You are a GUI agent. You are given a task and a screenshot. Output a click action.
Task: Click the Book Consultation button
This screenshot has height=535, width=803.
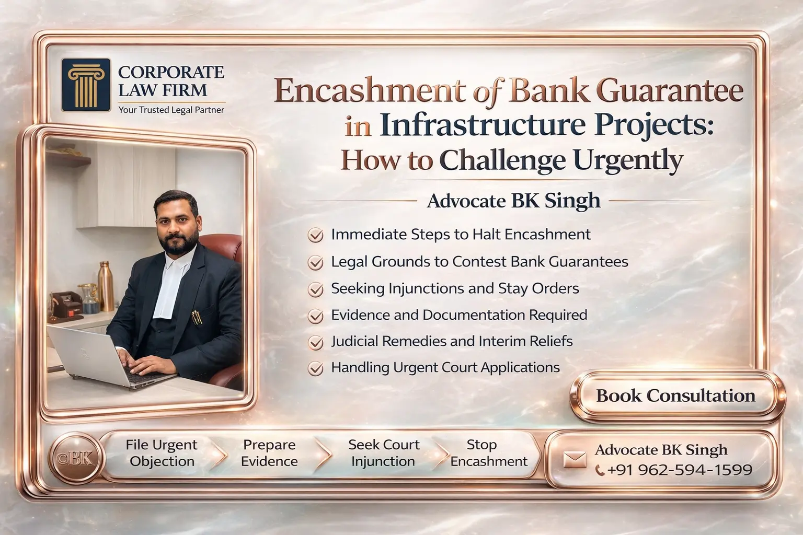(x=675, y=396)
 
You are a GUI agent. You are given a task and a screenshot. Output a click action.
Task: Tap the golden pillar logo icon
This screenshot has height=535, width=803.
(x=86, y=85)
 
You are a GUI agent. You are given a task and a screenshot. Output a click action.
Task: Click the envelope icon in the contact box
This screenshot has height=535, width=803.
(x=575, y=459)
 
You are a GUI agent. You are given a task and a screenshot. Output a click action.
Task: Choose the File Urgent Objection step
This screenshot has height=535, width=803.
(x=162, y=453)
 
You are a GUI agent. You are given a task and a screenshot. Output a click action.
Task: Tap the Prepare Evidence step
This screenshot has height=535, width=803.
(x=269, y=453)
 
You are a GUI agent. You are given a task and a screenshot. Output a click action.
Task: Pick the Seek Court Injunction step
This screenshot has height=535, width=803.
(x=383, y=453)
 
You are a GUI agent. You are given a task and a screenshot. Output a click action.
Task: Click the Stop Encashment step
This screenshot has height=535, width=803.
(x=488, y=453)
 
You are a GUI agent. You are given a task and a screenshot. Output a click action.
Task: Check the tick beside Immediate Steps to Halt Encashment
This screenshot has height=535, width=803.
(x=315, y=235)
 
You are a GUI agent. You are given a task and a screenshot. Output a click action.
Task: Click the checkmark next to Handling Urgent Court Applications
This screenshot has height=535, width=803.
(x=315, y=368)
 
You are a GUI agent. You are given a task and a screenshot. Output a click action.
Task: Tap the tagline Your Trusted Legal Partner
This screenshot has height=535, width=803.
(x=171, y=110)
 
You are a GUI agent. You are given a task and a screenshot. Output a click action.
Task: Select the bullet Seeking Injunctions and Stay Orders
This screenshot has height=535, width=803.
(x=455, y=288)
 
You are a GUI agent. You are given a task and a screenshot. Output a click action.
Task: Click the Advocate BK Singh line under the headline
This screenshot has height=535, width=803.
(x=513, y=201)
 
